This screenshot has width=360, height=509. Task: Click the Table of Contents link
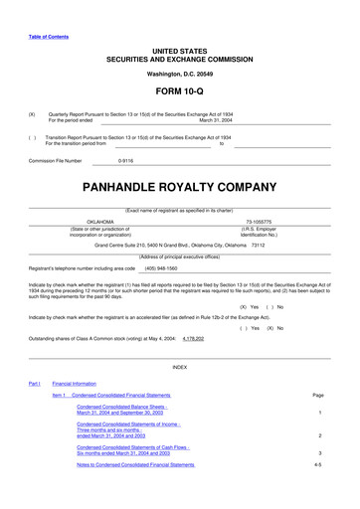(x=49, y=37)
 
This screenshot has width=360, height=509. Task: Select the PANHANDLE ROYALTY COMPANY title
(x=179, y=185)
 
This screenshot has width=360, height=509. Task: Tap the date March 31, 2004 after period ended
(x=216, y=120)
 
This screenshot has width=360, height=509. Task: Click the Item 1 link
(x=58, y=396)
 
